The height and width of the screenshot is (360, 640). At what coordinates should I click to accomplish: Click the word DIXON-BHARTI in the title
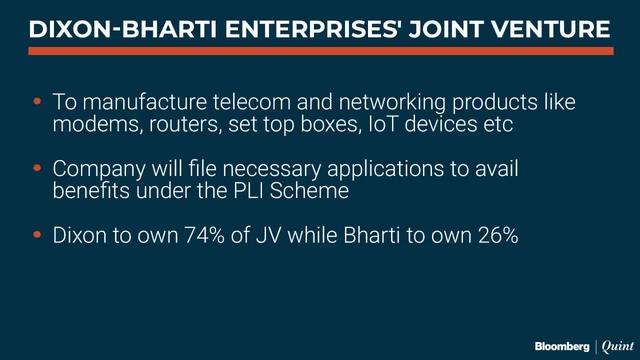(x=112, y=31)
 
